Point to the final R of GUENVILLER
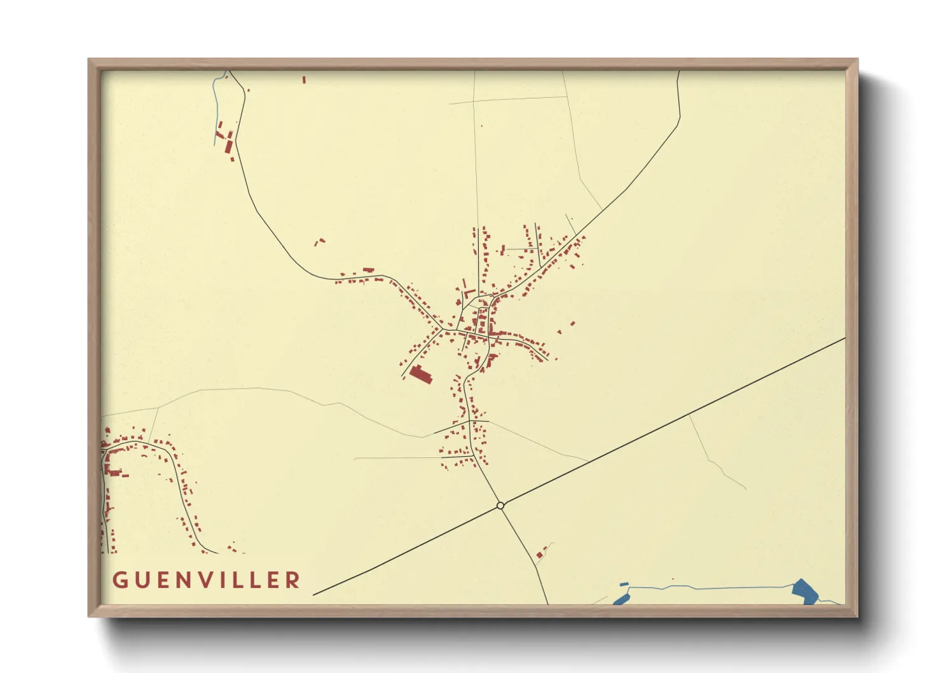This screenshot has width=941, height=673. coord(293,580)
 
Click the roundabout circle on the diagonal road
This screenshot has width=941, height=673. coord(500,506)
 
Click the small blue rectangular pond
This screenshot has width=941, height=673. coord(624,584)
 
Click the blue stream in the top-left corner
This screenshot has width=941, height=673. coord(216,102)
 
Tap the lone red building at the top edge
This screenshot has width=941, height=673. coord(304,80)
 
